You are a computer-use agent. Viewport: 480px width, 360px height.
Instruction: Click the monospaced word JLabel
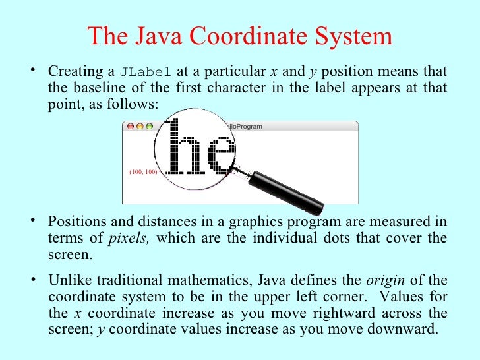coord(146,72)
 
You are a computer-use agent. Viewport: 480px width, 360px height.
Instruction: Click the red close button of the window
coord(130,126)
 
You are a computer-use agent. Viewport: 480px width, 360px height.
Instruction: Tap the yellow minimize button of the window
coord(140,126)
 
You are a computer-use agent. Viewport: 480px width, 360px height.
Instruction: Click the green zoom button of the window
coord(149,126)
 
